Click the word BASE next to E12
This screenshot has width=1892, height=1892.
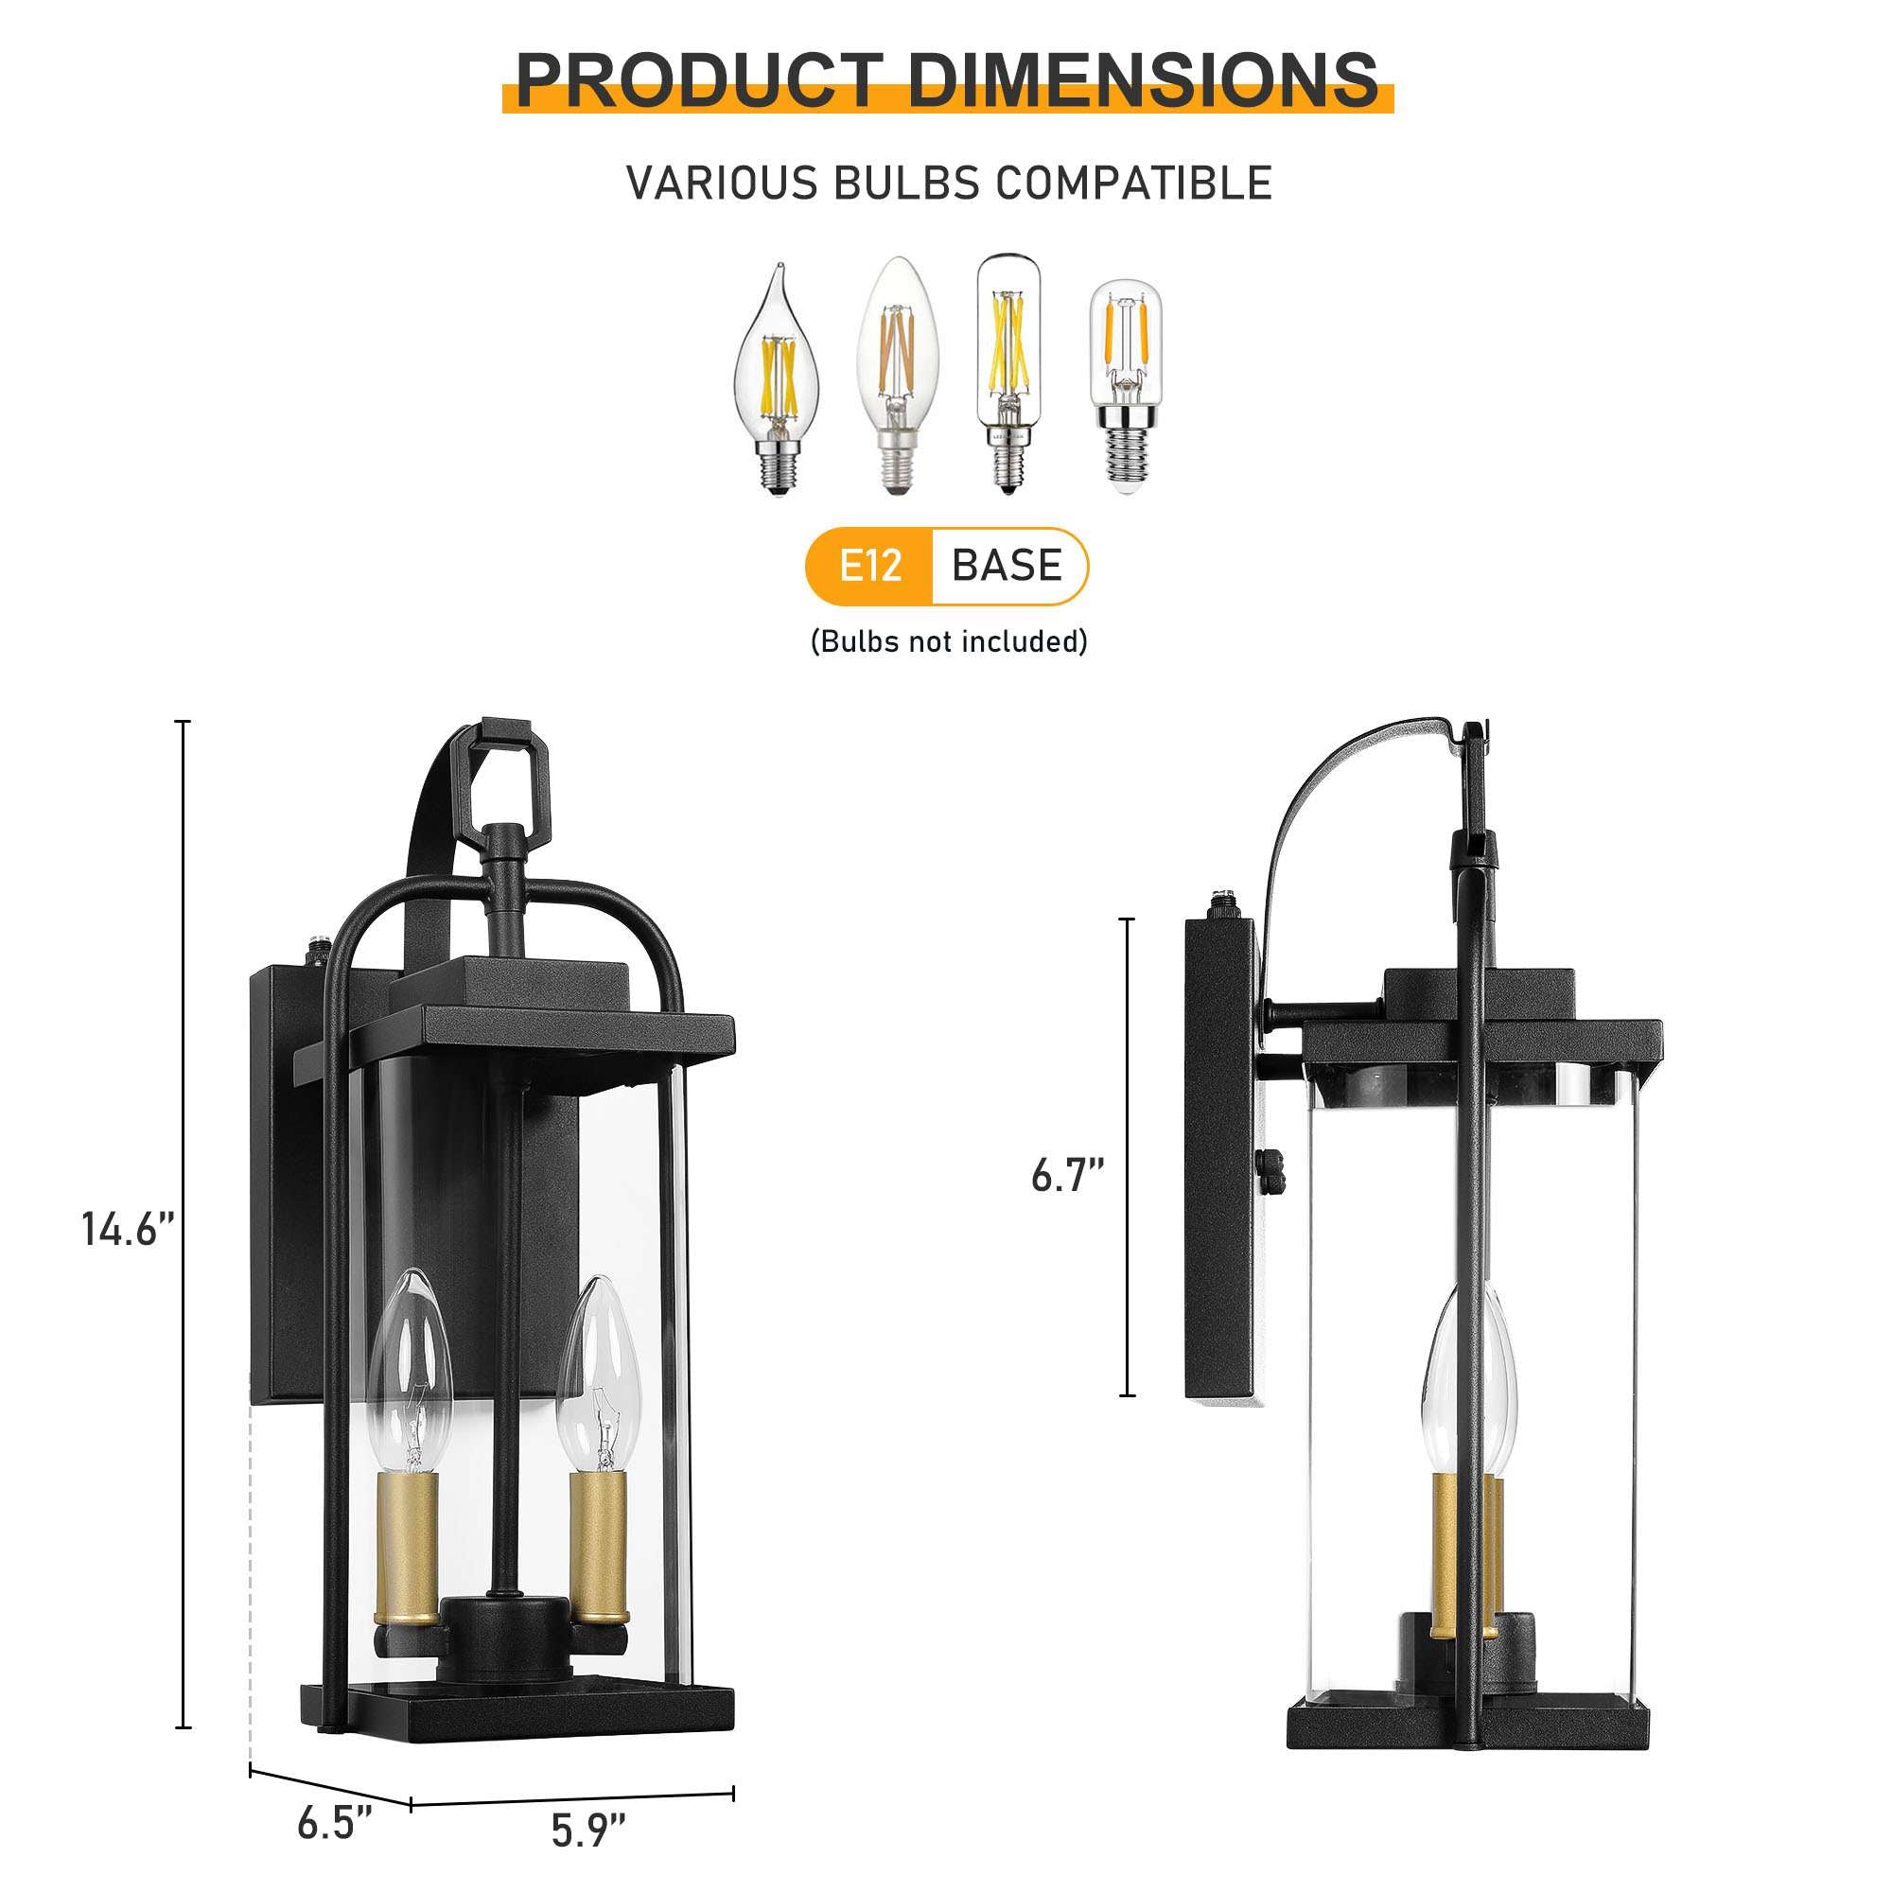tap(1006, 566)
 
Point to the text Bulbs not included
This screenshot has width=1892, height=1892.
tap(948, 641)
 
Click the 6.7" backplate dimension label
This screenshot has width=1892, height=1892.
tap(1066, 1176)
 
